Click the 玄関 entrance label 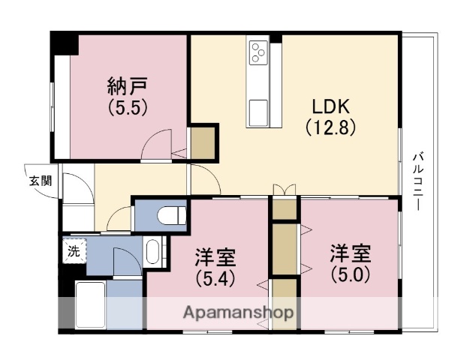click(41, 180)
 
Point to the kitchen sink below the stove click(260, 109)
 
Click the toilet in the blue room click(173, 216)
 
